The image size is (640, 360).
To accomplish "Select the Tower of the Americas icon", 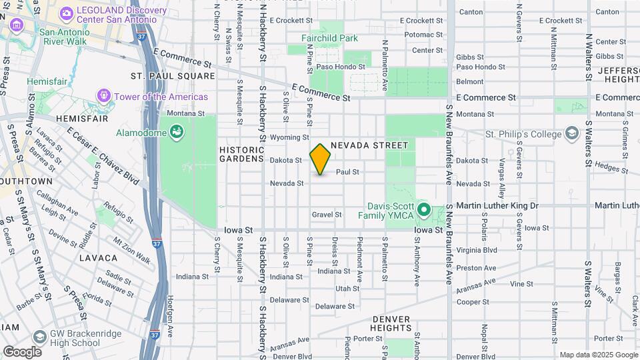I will click(104, 97).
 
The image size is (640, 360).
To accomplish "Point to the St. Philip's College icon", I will click(571, 134).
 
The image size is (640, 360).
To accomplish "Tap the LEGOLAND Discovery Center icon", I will click(67, 13).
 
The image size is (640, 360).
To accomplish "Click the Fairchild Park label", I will click(329, 38).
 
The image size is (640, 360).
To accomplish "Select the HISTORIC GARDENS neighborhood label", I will click(242, 154).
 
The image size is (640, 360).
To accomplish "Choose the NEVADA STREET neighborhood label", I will click(369, 145).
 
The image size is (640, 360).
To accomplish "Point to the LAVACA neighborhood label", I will click(98, 257).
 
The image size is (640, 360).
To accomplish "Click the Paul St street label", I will click(347, 172).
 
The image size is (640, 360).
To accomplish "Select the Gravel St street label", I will click(327, 215).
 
